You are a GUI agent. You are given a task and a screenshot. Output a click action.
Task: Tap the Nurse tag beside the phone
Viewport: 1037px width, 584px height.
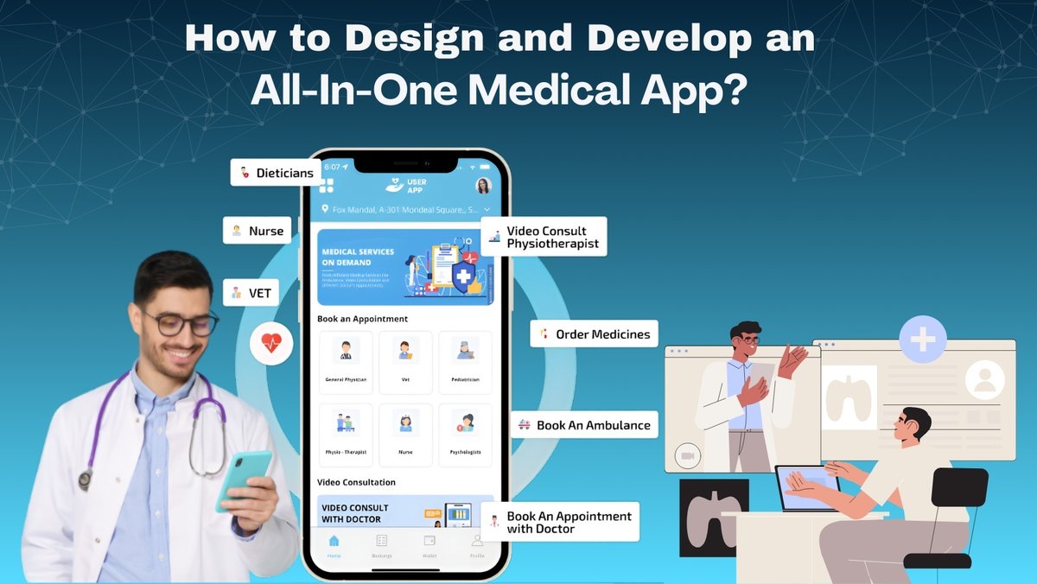pos(257,231)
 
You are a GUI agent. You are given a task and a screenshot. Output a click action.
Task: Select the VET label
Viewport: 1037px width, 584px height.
pos(251,293)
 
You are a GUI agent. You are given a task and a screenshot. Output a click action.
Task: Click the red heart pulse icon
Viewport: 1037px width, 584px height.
pos(271,343)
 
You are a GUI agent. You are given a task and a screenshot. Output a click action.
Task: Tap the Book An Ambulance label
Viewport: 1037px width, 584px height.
pos(584,425)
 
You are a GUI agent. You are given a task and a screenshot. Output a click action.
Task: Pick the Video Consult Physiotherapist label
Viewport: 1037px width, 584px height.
pos(544,237)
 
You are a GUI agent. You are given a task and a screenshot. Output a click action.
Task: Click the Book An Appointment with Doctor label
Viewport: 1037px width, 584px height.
pos(561,522)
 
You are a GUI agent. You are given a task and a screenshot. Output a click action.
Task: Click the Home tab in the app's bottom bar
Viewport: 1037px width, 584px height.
pos(334,545)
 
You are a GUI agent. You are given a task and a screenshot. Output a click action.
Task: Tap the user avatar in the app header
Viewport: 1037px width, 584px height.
pos(483,186)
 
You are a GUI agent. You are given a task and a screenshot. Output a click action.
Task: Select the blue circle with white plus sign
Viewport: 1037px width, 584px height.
pos(923,339)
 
